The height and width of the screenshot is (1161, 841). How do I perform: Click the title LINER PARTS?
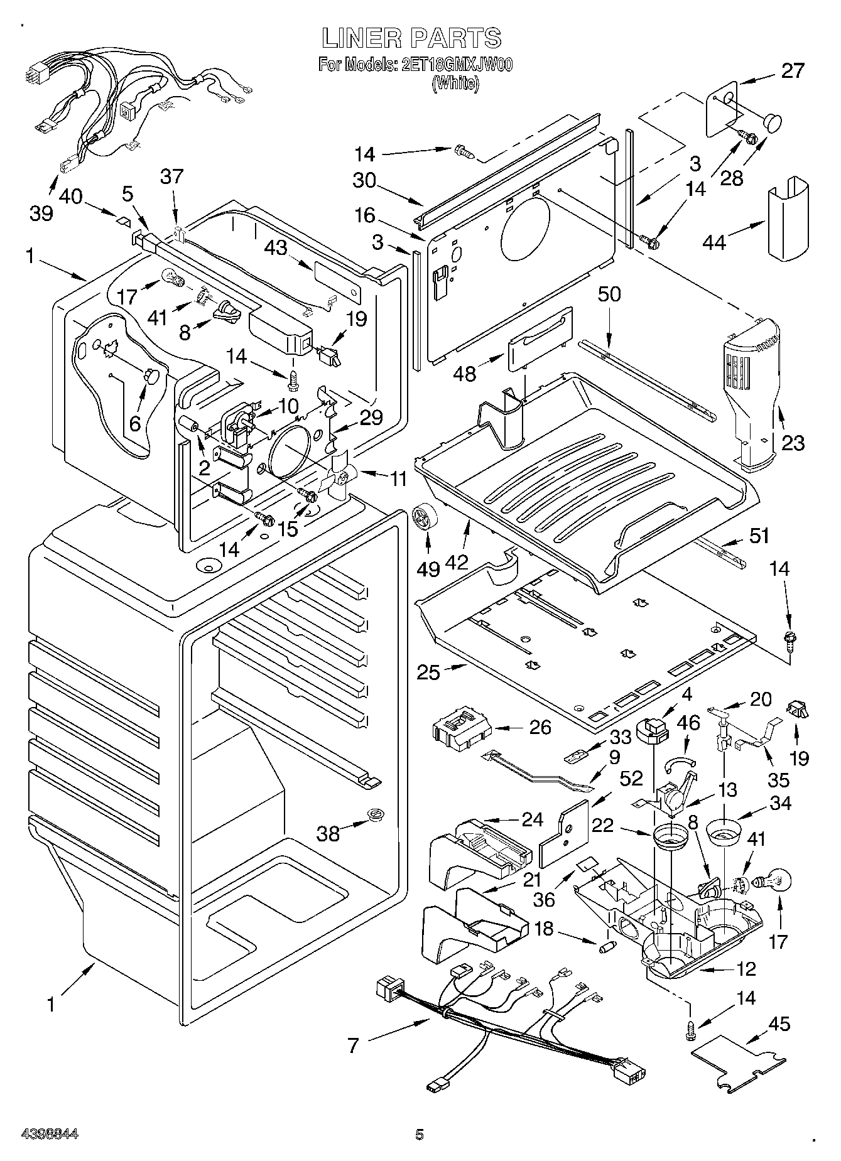[411, 38]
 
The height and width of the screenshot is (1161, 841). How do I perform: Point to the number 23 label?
[793, 443]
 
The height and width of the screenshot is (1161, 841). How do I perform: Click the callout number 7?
[353, 1045]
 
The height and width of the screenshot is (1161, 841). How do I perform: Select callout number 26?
[540, 728]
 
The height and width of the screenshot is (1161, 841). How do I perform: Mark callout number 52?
[631, 778]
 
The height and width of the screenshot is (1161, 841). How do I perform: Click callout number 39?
[41, 213]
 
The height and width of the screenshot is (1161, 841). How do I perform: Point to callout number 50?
[608, 294]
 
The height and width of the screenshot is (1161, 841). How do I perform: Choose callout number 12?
[746, 969]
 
